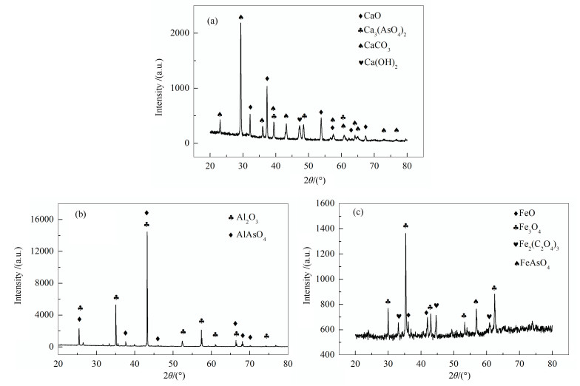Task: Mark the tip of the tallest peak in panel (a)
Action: (240, 24)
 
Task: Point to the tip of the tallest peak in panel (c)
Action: (405, 234)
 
